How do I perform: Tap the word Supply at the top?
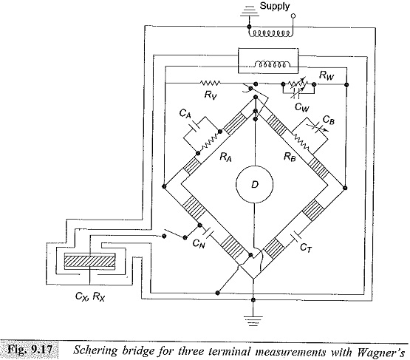(x=275, y=6)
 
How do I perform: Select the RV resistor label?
(x=211, y=95)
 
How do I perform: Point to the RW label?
(x=327, y=75)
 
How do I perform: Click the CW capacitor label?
(x=301, y=106)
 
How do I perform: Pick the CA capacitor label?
(x=185, y=114)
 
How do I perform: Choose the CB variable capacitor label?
(x=329, y=120)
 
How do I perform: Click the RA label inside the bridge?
(x=225, y=157)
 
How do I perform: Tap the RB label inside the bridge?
(x=290, y=157)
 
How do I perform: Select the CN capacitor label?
(x=199, y=244)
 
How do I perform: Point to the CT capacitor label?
(x=306, y=247)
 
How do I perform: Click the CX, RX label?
(x=90, y=296)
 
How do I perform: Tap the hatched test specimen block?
(x=89, y=261)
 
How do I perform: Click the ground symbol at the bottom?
(x=253, y=321)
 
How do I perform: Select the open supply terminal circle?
(x=293, y=16)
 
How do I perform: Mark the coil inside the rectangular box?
(x=272, y=64)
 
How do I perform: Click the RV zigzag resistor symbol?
(x=211, y=83)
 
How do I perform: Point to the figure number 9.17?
(x=41, y=350)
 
